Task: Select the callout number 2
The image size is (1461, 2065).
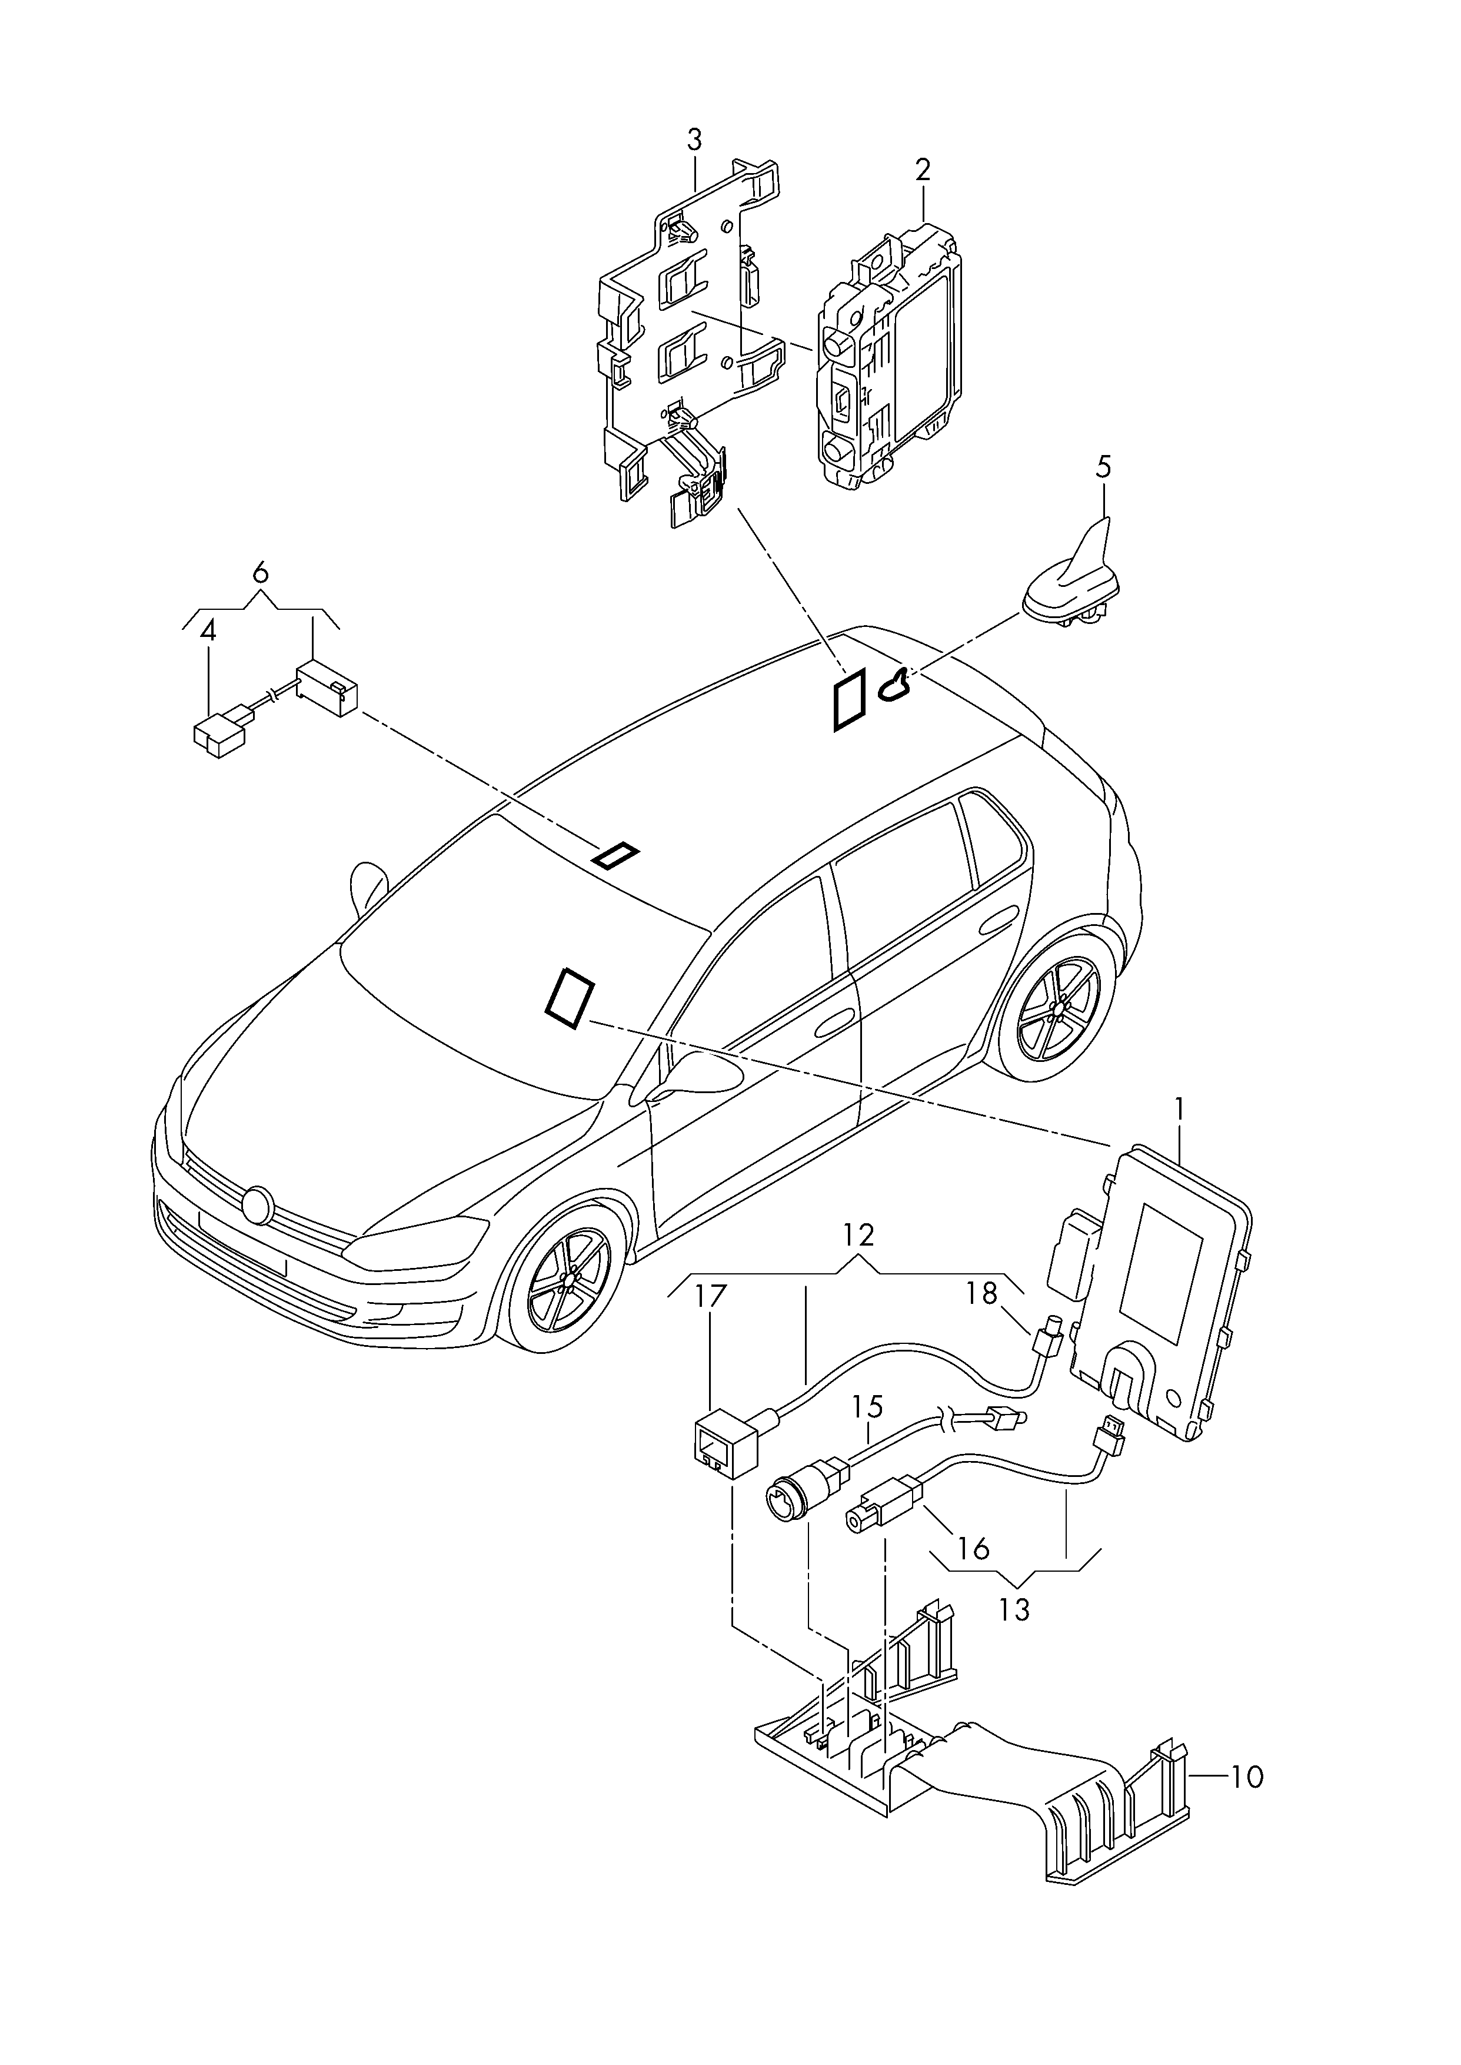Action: (x=923, y=170)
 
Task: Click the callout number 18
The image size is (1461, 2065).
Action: (x=983, y=1294)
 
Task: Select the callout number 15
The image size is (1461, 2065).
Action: (x=868, y=1406)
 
